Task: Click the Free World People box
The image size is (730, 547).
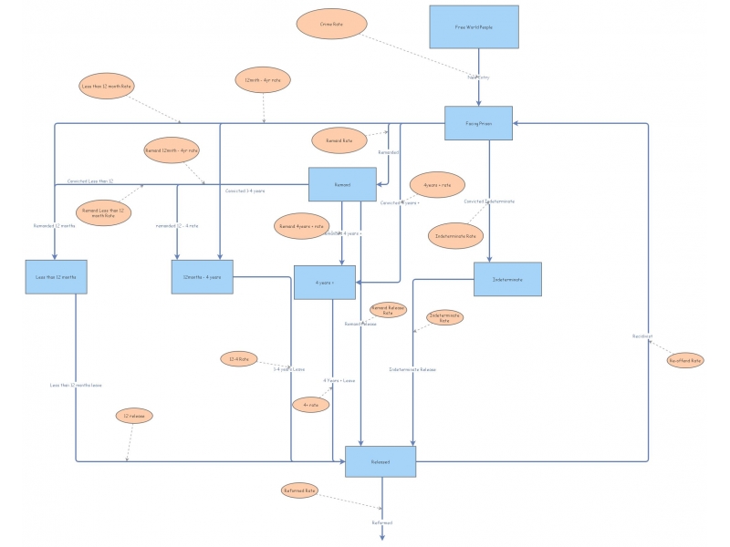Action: (474, 27)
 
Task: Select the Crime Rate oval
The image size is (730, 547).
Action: (331, 24)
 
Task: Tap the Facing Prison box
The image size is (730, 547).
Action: (478, 123)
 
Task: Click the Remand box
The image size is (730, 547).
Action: (342, 184)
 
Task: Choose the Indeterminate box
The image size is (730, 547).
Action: (507, 279)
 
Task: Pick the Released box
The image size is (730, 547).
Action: (381, 462)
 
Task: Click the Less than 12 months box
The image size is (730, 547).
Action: (56, 277)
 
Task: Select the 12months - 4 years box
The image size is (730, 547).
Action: (202, 277)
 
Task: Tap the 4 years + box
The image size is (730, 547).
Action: (324, 283)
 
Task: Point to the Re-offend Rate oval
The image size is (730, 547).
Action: (684, 360)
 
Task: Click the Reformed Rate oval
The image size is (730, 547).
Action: (299, 490)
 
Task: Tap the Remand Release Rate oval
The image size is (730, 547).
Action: (388, 311)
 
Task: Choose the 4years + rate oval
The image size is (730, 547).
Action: (437, 185)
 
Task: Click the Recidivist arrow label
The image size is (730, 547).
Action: (642, 336)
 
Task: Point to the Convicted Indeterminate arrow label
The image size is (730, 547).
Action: (489, 201)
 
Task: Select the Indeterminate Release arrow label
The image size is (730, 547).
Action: (412, 369)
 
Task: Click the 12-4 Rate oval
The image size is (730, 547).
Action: (240, 359)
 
